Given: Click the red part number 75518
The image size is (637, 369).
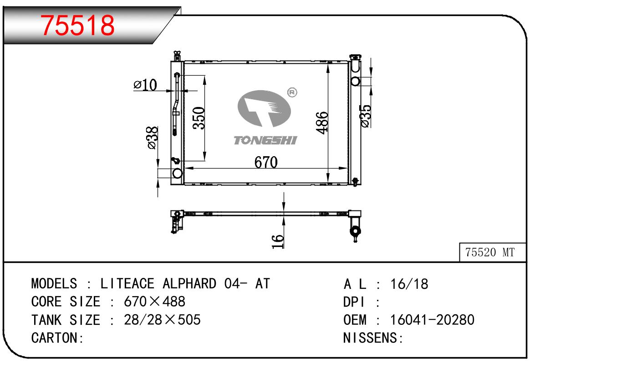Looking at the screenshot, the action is [77, 26].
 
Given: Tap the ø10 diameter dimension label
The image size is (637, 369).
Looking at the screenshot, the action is [145, 84].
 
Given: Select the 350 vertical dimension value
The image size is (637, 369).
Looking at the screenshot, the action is [199, 118].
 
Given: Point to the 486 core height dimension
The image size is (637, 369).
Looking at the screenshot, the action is [322, 123].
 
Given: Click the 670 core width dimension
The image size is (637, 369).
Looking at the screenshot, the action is [266, 162].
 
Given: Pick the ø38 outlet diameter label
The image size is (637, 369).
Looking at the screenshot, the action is [153, 138].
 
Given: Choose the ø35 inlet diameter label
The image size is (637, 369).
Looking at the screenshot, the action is [366, 116].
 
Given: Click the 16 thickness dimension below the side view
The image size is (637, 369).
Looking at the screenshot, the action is [278, 241].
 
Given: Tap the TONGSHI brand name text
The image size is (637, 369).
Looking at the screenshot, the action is [265, 140].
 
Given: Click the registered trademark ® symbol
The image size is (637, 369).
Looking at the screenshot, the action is [292, 92].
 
